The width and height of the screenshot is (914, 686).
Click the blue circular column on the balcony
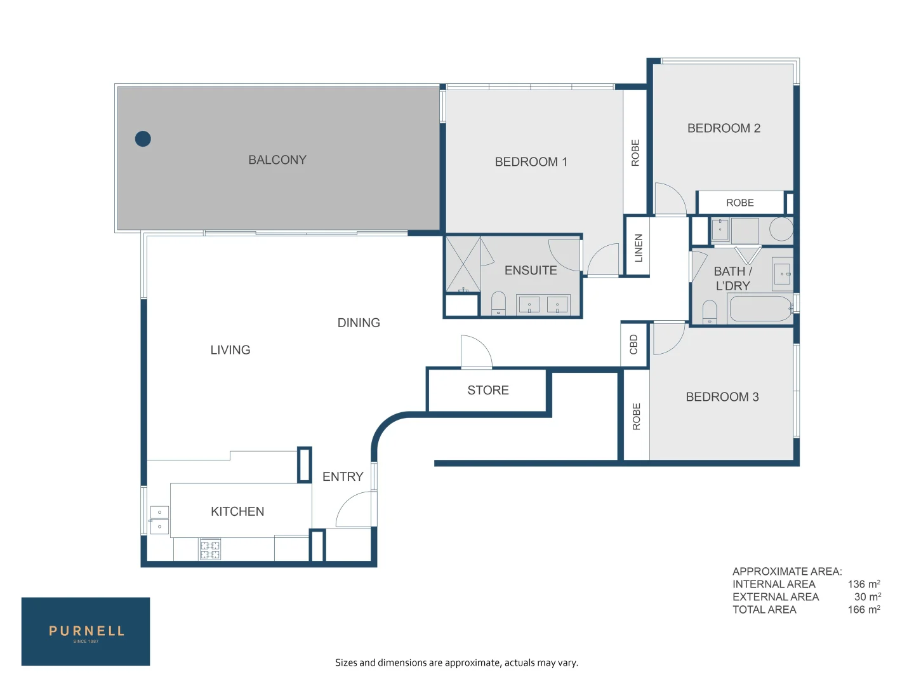[143, 138]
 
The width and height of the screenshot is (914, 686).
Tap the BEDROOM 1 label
[531, 162]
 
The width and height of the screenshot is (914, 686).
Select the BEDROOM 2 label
[724, 128]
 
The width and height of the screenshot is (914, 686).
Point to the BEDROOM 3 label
[722, 397]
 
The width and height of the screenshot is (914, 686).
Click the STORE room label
[487, 390]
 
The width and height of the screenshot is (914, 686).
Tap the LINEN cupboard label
[639, 248]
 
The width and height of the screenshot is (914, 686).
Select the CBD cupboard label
[633, 344]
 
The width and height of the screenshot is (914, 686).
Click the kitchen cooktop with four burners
[210, 549]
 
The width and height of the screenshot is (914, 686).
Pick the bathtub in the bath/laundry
[760, 309]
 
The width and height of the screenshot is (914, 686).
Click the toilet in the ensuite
[498, 302]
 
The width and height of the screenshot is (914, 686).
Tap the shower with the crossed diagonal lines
[463, 264]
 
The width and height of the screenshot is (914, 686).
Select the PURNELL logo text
[86, 631]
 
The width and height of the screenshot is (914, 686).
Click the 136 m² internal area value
[863, 584]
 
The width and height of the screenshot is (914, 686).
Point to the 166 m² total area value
[863, 610]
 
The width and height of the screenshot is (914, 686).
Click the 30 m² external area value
[867, 597]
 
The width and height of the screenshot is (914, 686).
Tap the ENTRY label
[343, 476]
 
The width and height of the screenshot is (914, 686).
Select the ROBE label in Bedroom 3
[637, 417]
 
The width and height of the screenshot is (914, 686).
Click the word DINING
[359, 323]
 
